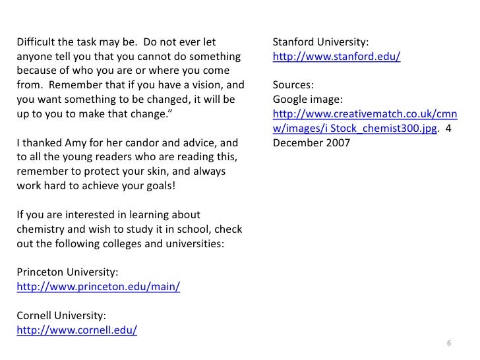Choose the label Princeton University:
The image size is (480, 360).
[x=67, y=273]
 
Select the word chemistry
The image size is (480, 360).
[x=39, y=229]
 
